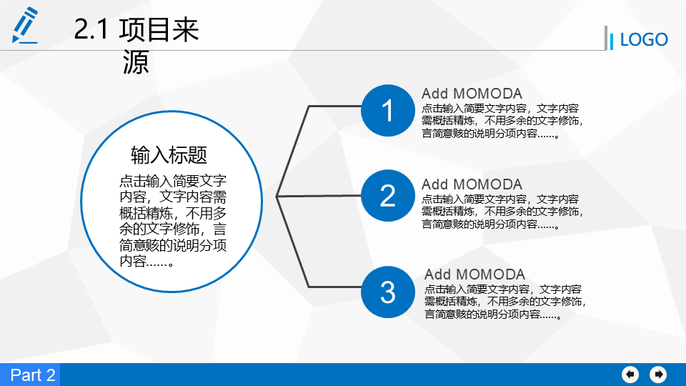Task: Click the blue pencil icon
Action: [x=25, y=25]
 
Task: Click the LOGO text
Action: [x=644, y=40]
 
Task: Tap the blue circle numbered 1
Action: [x=387, y=110]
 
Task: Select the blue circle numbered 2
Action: [x=387, y=195]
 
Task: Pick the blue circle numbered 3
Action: [x=387, y=292]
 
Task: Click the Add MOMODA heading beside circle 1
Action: [x=472, y=94]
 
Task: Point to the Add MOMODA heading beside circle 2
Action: [x=472, y=184]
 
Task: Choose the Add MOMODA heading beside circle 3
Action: [x=474, y=274]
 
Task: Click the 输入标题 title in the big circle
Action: [x=169, y=155]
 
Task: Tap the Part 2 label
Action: [x=33, y=375]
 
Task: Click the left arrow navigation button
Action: [x=630, y=375]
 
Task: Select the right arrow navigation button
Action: [x=658, y=375]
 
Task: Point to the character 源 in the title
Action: [x=136, y=61]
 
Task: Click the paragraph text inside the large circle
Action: [x=173, y=221]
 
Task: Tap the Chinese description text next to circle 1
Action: [x=502, y=121]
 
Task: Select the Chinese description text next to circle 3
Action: [x=505, y=302]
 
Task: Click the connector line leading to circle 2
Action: [x=319, y=196]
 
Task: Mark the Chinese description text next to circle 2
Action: [x=502, y=212]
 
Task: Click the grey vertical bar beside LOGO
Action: [x=606, y=38]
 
